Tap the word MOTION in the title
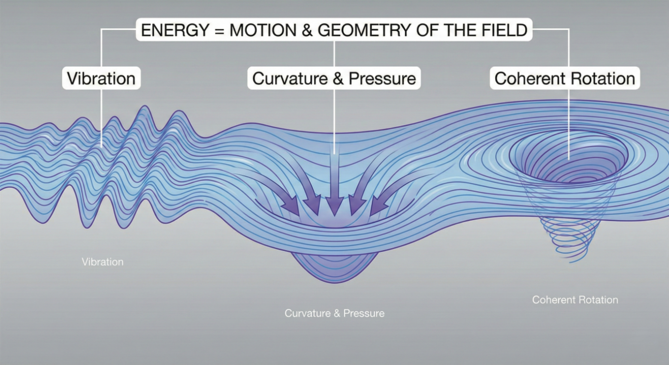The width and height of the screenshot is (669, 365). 263,30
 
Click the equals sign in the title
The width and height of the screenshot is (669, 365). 219,31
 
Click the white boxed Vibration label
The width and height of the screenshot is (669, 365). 101,78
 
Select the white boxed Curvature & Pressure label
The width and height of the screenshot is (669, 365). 334,78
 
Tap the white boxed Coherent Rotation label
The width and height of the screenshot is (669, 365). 565,78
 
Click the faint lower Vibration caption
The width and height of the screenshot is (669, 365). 102,262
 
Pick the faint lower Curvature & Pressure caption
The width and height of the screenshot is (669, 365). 334,313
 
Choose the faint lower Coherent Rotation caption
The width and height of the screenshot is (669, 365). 575,300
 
